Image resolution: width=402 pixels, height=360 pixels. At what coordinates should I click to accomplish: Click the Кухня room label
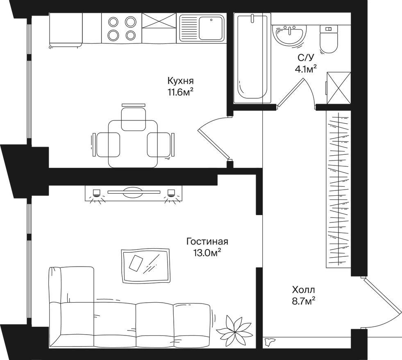[181, 81]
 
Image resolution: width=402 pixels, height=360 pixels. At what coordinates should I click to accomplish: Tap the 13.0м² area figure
[207, 253]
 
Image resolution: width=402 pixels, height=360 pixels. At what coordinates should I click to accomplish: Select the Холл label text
[304, 290]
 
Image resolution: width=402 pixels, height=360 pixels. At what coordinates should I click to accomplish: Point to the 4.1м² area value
[306, 69]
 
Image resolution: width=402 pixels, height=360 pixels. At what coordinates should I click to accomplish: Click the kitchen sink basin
[210, 28]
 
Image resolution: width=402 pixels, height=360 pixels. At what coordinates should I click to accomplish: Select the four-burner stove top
[122, 28]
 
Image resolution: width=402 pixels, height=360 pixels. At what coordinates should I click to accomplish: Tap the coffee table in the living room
[145, 266]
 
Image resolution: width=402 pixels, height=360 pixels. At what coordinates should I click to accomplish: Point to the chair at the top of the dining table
[134, 118]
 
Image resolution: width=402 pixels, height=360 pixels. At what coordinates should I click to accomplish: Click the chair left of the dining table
[106, 145]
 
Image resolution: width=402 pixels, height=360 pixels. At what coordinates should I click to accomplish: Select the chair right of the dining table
[160, 145]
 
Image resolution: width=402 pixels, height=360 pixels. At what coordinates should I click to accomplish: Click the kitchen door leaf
[213, 144]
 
